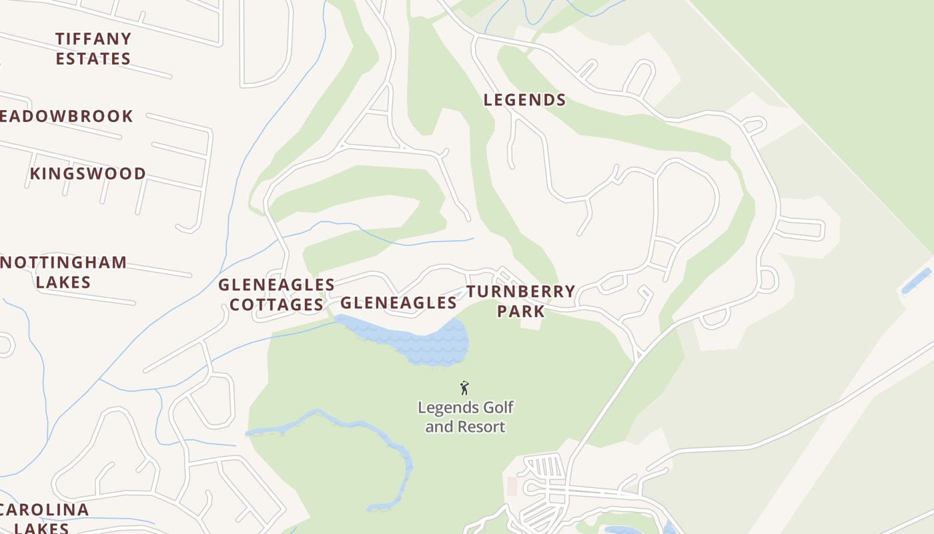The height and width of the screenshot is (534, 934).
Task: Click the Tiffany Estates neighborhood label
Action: coord(93,49)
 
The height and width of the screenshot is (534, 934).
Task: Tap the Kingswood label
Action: coord(87,174)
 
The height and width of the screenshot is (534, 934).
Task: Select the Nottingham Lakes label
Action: coord(63,272)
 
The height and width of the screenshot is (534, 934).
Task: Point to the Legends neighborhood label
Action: coord(524,100)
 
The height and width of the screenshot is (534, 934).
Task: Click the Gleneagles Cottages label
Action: coord(276,294)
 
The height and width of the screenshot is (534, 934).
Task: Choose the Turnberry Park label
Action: coord(520,301)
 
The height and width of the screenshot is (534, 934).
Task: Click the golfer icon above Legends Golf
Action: coord(465,388)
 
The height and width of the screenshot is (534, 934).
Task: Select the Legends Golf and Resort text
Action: coord(465,417)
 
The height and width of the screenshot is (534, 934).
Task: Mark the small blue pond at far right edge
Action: coord(916,281)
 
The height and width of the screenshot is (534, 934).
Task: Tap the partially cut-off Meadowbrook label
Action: coord(67,116)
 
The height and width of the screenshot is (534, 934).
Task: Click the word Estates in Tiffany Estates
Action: coord(93,59)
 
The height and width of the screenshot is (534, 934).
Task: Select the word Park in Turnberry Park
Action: coord(520,312)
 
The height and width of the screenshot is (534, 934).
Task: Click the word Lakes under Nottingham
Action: coord(63,282)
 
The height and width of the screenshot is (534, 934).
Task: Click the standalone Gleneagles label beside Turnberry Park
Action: coord(398,303)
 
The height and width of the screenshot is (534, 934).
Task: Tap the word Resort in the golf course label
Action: coord(482,427)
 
